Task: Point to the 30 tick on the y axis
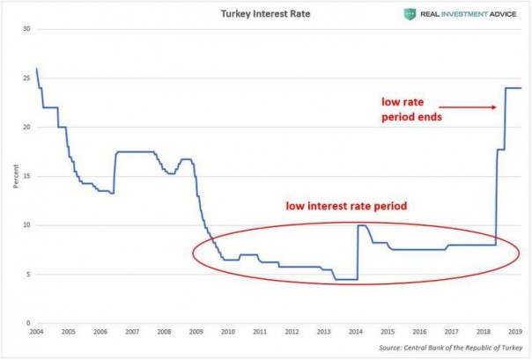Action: coord(27,29)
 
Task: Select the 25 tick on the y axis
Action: coord(27,78)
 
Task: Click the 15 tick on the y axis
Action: coord(27,176)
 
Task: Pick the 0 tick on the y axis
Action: coord(29,323)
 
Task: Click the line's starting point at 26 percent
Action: coord(36,69)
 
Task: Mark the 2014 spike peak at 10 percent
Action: coord(361,225)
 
